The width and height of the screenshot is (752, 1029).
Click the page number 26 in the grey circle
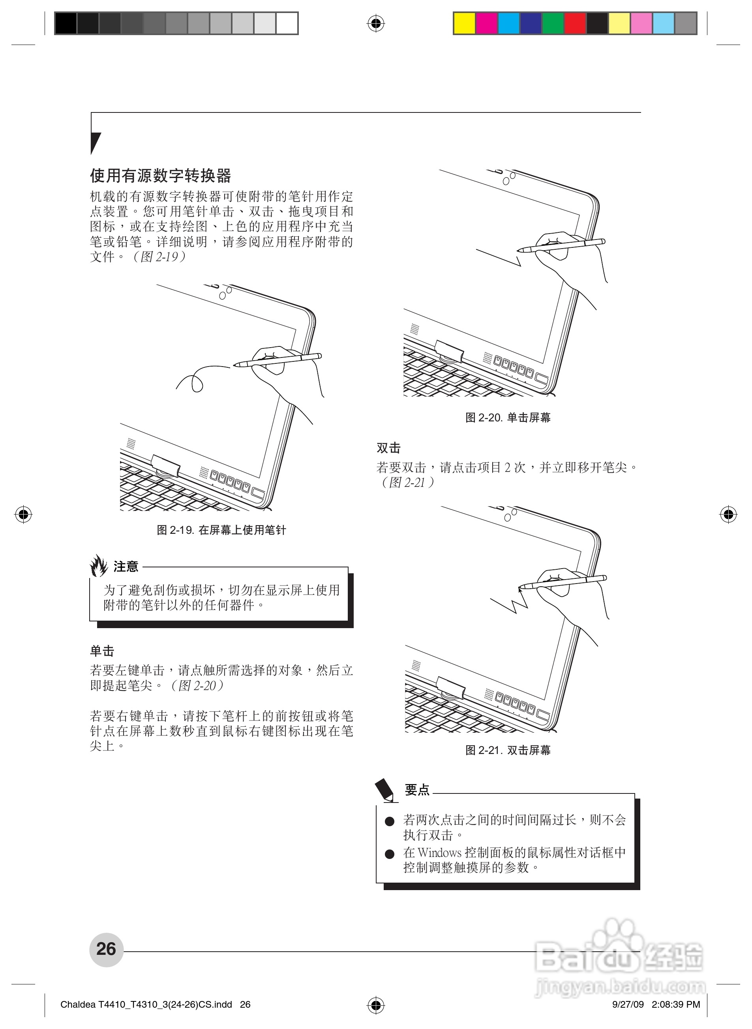tap(106, 949)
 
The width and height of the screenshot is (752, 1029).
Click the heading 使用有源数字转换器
tap(161, 175)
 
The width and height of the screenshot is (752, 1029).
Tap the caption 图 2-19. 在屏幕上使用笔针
tap(221, 530)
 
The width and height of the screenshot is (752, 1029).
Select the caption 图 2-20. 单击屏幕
tap(508, 417)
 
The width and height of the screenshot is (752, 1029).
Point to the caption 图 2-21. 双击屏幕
tap(508, 750)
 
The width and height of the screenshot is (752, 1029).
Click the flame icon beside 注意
tap(99, 565)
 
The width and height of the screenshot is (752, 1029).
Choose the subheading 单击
tap(102, 651)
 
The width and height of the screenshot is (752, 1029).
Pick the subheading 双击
tap(388, 448)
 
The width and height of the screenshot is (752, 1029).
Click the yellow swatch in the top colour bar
tap(465, 24)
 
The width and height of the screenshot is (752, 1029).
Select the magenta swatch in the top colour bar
tap(487, 24)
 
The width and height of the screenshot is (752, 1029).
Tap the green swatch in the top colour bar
tap(553, 24)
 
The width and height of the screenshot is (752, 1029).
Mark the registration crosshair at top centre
tap(375, 23)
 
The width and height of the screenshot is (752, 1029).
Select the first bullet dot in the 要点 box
tap(389, 821)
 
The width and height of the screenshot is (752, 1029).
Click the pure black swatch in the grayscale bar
tap(66, 24)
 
